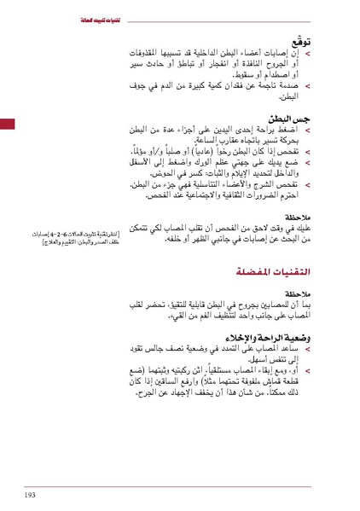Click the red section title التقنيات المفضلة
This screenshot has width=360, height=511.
(272, 271)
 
